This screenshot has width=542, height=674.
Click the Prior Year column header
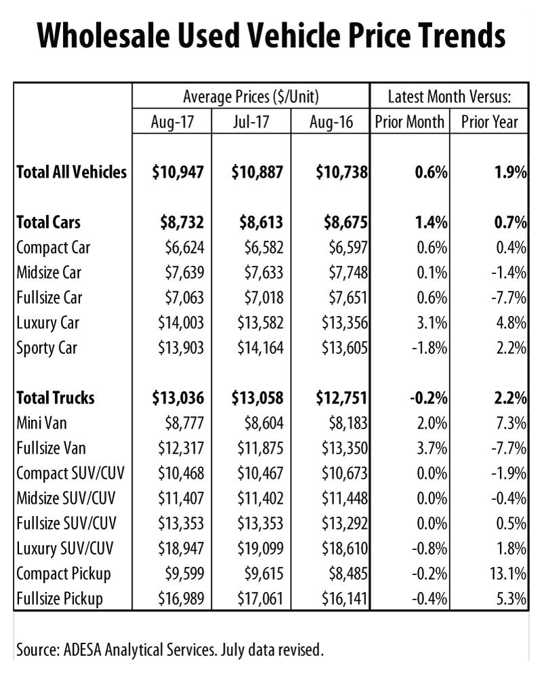pos(489,122)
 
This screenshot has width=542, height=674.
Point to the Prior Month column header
pos(409,122)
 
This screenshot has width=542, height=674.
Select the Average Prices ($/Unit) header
pos(250,97)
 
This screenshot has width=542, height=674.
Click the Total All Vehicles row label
pos(71,172)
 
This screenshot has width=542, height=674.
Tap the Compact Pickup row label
pos(63,574)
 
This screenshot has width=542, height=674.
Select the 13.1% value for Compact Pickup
pos(509,574)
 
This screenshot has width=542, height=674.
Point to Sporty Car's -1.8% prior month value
pos(428,349)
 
